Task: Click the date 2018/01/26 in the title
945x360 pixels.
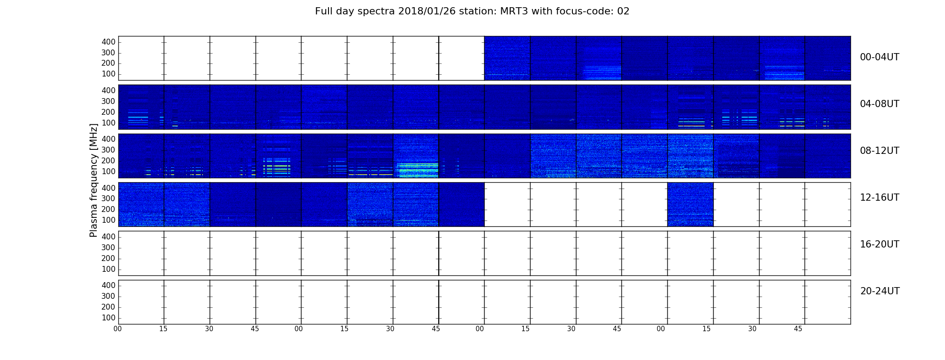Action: tap(426, 12)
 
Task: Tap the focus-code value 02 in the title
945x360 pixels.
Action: tap(623, 11)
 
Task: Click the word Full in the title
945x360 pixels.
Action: tap(324, 11)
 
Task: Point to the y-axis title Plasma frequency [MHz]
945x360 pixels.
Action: tap(94, 180)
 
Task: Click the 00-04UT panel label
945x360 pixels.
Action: tap(880, 57)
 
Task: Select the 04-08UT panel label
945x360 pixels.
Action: tap(880, 104)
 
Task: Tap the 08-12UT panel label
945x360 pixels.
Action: tap(880, 151)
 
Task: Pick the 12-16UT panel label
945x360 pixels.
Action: tap(880, 198)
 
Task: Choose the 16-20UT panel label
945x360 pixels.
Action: tap(880, 244)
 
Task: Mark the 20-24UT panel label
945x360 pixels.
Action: tap(880, 291)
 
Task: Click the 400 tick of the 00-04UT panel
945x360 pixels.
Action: tap(108, 42)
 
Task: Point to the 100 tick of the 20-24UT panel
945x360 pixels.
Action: tap(108, 318)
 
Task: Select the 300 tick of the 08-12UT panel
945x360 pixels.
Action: tap(108, 150)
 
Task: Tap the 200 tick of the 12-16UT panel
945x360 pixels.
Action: tap(108, 209)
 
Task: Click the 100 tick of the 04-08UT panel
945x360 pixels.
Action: tap(108, 123)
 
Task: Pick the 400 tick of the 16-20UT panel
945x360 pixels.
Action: tap(108, 237)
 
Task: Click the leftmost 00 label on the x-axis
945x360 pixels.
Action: tap(117, 329)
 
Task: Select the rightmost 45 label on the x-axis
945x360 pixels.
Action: tap(798, 329)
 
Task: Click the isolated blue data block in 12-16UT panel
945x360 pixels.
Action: tap(690, 204)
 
